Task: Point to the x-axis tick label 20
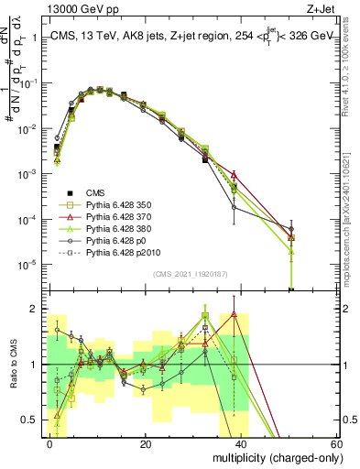tap(146, 443)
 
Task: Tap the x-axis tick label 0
tap(50, 443)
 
